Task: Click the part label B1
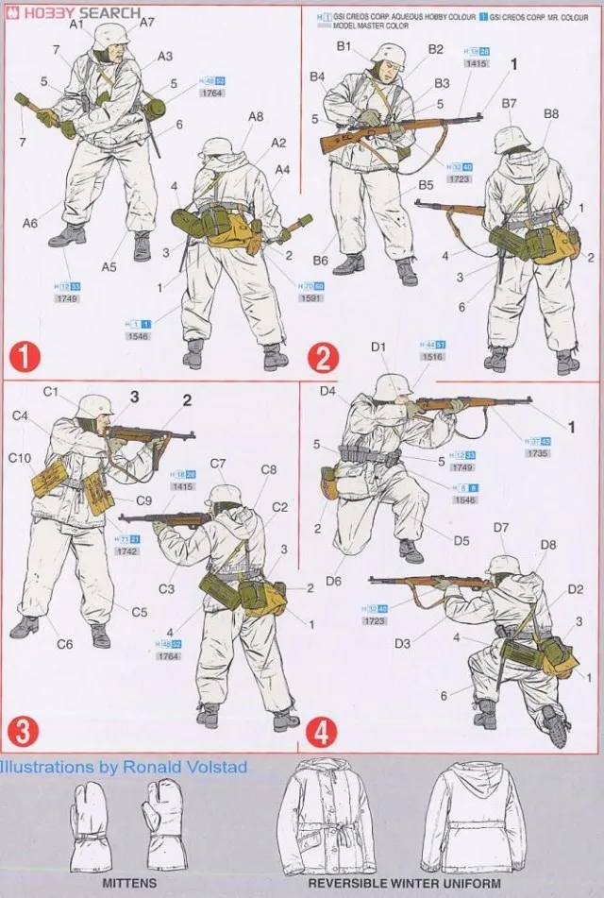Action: tap(344, 46)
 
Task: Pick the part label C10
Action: tap(21, 459)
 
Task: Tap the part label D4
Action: tap(327, 391)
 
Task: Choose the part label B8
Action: tap(551, 114)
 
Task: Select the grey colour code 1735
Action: tap(538, 452)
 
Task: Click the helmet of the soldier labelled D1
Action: tap(393, 386)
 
